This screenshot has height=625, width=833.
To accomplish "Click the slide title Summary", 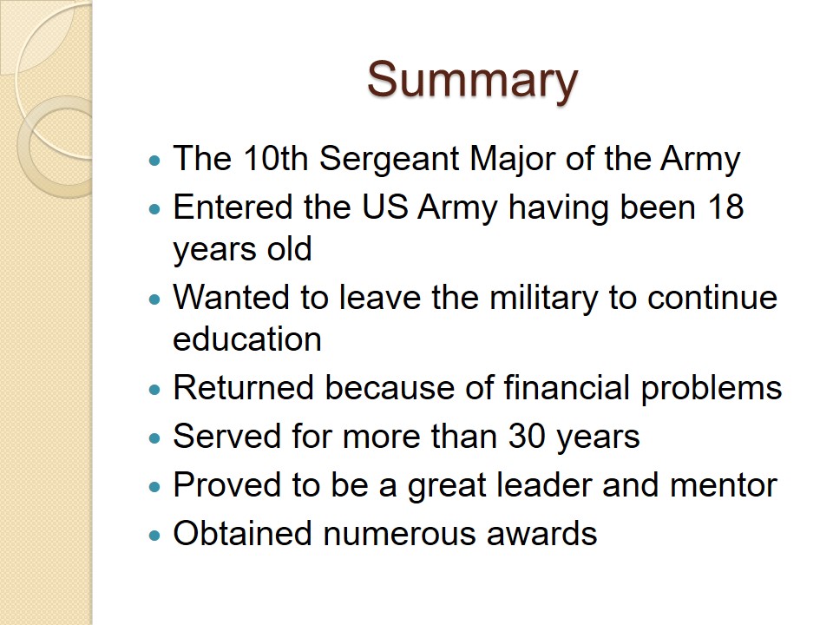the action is point(472,81).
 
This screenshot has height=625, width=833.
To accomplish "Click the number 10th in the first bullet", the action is point(276,158).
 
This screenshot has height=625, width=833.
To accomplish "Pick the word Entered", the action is point(233,207).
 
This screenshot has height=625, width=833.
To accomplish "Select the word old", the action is point(289,249).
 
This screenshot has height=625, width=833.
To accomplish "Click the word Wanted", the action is point(232,297).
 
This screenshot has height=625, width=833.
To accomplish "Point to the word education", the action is point(247,339).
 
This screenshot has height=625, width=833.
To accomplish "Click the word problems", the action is point(712,389).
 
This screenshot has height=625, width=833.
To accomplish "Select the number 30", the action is point(527,436).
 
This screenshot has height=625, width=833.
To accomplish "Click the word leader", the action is point(543,484).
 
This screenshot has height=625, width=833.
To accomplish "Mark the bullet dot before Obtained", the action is point(154,536).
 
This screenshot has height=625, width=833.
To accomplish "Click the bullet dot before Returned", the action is point(154,390).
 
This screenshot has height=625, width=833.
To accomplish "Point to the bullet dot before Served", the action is point(154,438).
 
